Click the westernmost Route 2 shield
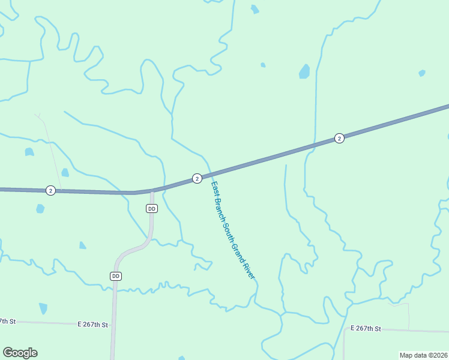(50, 190)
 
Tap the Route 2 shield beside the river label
(197, 178)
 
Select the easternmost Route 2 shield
(339, 138)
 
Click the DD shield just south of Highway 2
(152, 208)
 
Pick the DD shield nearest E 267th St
(116, 276)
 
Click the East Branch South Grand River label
(234, 230)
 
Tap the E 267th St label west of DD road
(93, 325)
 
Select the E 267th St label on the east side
(366, 328)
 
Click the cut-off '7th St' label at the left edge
(7, 322)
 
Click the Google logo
(20, 352)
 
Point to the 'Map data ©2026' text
(423, 355)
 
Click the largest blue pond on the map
(304, 72)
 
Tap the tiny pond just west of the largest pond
(263, 65)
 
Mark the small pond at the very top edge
(255, 9)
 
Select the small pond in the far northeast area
(422, 73)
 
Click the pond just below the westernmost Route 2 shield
(40, 209)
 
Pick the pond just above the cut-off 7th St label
(43, 308)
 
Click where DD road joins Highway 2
(152, 191)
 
